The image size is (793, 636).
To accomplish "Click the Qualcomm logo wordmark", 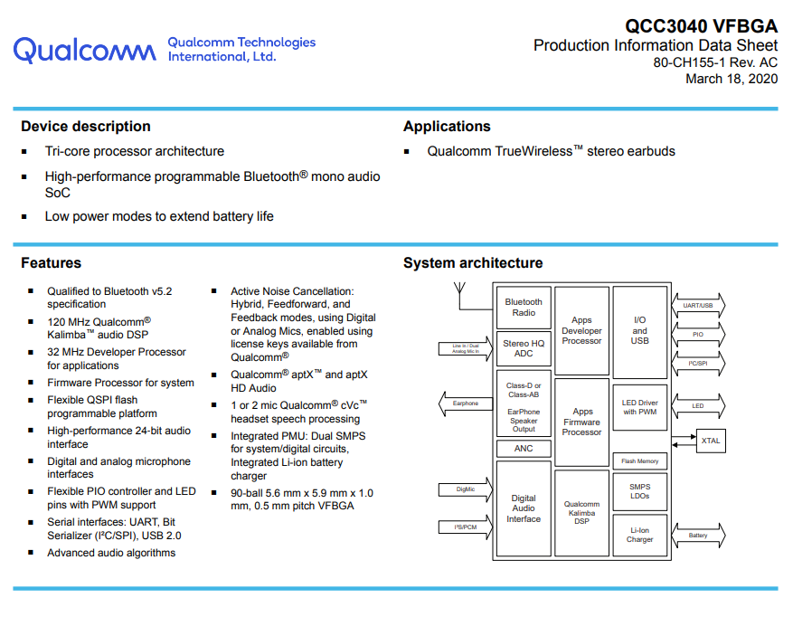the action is [84, 50].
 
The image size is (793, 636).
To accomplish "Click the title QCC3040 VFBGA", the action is [701, 26].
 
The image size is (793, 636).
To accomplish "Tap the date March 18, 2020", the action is [732, 79].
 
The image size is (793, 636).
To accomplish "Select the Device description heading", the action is [86, 126].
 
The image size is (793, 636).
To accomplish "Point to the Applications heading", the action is [447, 127].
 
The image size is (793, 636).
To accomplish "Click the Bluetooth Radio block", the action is [524, 308].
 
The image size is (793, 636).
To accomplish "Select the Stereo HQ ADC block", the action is [524, 348].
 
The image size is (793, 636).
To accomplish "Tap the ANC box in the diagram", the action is [524, 449].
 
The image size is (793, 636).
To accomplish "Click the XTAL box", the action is [711, 441].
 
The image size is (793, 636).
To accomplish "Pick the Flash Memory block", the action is [640, 460].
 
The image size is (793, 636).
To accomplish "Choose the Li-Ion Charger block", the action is [640, 536].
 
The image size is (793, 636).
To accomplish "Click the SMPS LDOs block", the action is [640, 491].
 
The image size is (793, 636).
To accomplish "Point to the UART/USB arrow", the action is [698, 306].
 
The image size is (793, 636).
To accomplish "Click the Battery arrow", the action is [698, 536].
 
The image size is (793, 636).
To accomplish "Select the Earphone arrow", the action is [466, 403].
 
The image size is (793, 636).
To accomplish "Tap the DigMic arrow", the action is [466, 489].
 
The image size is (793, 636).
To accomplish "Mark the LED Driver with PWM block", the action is [640, 407].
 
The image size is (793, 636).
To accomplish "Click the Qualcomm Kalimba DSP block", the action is [581, 513].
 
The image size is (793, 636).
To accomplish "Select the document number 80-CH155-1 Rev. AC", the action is [715, 62].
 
